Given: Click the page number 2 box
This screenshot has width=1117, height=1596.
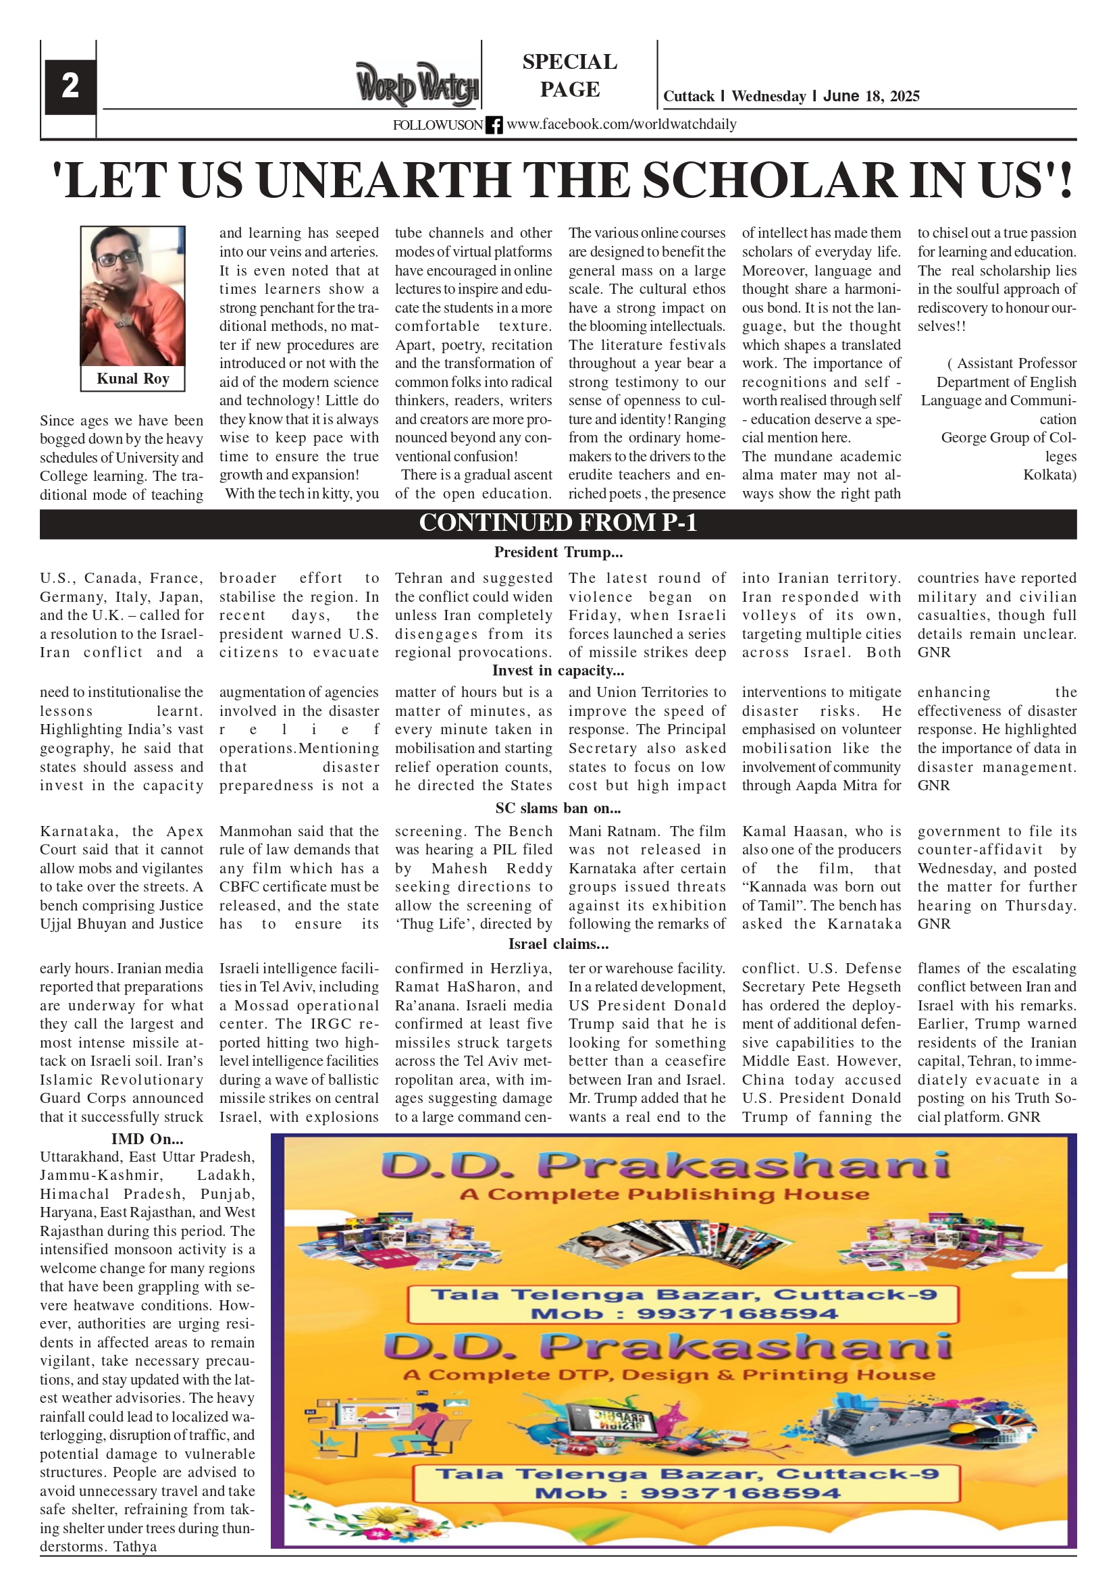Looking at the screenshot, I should coord(70,86).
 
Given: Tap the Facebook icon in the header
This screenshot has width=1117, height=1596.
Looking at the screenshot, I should coord(494,125).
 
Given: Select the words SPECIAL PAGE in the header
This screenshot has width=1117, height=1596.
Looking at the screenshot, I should coord(569,75).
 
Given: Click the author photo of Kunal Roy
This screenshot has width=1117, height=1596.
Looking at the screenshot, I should coord(133,296).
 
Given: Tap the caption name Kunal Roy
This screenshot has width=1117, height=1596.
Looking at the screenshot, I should coord(133,379).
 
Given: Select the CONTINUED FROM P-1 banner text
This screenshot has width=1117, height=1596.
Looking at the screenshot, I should coord(557,523).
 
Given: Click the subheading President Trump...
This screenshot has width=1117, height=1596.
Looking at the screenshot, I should coord(557,552).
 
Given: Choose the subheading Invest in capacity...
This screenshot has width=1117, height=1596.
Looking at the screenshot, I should coord(557,671).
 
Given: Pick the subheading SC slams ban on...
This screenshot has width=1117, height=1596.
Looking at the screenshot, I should coord(557,808).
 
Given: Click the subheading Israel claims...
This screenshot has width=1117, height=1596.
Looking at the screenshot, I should coord(557,944).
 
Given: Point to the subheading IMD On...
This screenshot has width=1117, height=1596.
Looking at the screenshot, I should coord(147,1139).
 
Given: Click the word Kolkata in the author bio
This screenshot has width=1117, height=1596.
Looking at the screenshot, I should coord(1049,475).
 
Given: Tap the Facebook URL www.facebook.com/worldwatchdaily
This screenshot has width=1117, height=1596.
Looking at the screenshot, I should coord(621,124).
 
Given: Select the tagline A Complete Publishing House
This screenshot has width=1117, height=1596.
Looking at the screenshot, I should coord(664,1195).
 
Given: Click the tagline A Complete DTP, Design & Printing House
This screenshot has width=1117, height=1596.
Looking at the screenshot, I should coord(669,1376).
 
